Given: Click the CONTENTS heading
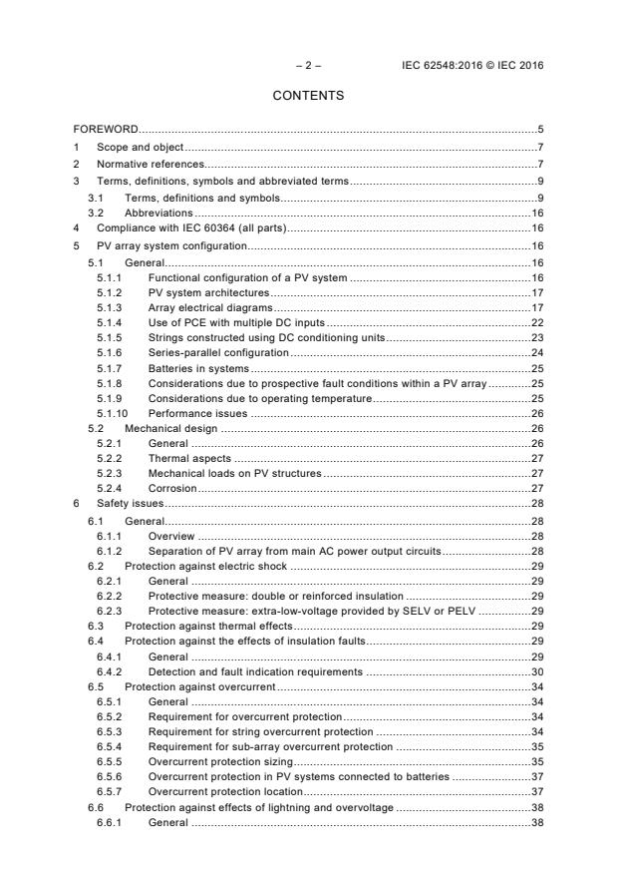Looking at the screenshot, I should [308, 97].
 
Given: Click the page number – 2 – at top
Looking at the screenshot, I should [308, 66].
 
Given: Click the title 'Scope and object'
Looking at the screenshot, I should [140, 147].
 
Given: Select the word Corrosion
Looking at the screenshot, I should [171, 488].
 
